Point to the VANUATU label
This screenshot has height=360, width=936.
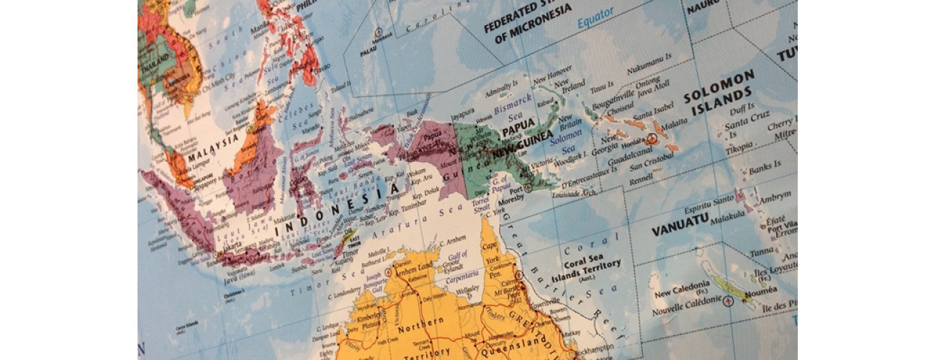(681, 230)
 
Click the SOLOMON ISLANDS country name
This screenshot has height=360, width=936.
(719, 93)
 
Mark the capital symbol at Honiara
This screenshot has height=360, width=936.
(653, 139)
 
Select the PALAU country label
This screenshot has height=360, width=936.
(369, 52)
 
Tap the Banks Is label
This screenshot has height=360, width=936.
(765, 171)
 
